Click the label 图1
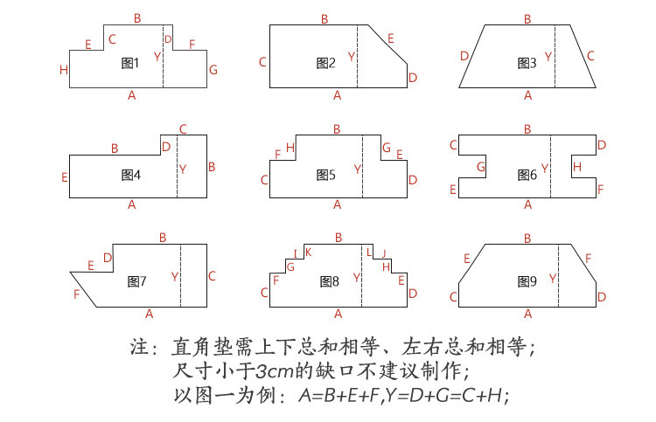click(129, 63)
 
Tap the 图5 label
click(326, 175)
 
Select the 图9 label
click(527, 281)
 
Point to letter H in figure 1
click(64, 70)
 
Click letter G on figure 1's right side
click(213, 70)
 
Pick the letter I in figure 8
click(296, 253)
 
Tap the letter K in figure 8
click(309, 252)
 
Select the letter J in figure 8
click(384, 253)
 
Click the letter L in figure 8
click(368, 252)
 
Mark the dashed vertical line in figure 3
click(555, 57)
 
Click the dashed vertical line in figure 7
click(181, 276)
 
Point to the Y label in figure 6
click(545, 169)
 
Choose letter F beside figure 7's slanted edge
click(77, 294)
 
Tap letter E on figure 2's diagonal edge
click(391, 38)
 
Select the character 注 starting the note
click(139, 347)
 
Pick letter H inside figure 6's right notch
click(577, 167)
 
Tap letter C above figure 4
click(183, 129)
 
